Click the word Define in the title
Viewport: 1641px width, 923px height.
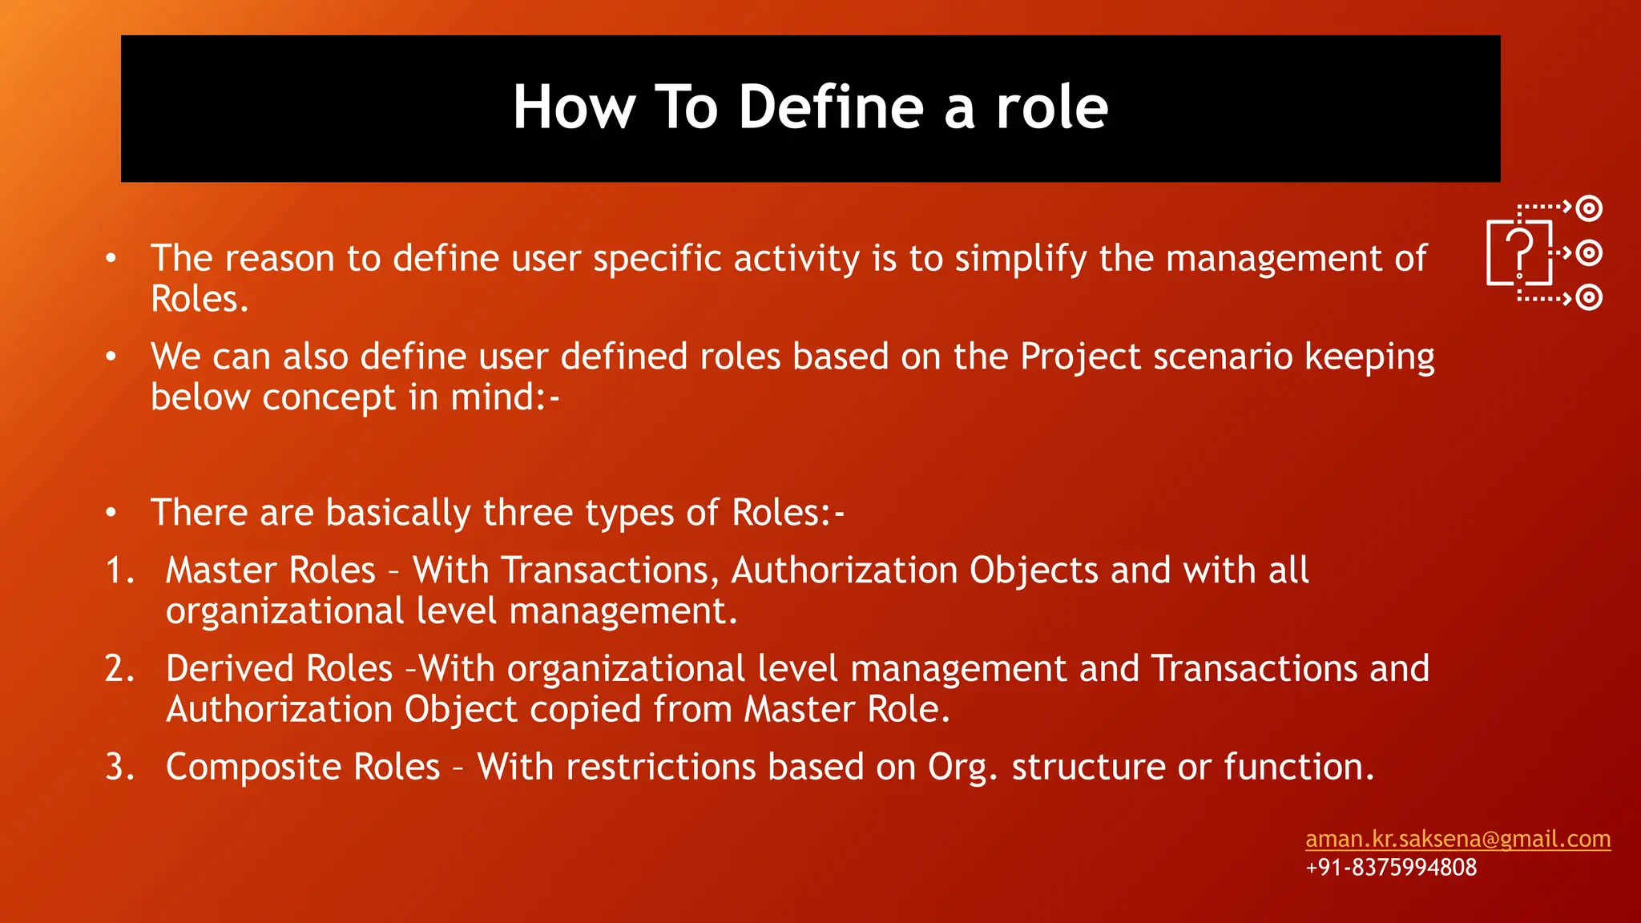(831, 107)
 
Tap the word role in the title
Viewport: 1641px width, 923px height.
(1051, 107)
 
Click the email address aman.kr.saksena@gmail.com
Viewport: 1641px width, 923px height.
(1458, 839)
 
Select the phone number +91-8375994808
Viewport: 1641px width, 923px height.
(1391, 867)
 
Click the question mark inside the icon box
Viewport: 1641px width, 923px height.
(1519, 249)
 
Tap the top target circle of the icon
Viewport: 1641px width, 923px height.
(1588, 208)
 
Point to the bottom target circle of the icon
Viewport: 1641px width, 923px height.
(1588, 298)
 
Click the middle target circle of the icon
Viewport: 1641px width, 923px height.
(1588, 253)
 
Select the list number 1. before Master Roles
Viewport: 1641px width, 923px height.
(120, 570)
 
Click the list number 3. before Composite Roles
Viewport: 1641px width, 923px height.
(120, 767)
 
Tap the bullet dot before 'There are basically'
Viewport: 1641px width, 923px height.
(111, 512)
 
